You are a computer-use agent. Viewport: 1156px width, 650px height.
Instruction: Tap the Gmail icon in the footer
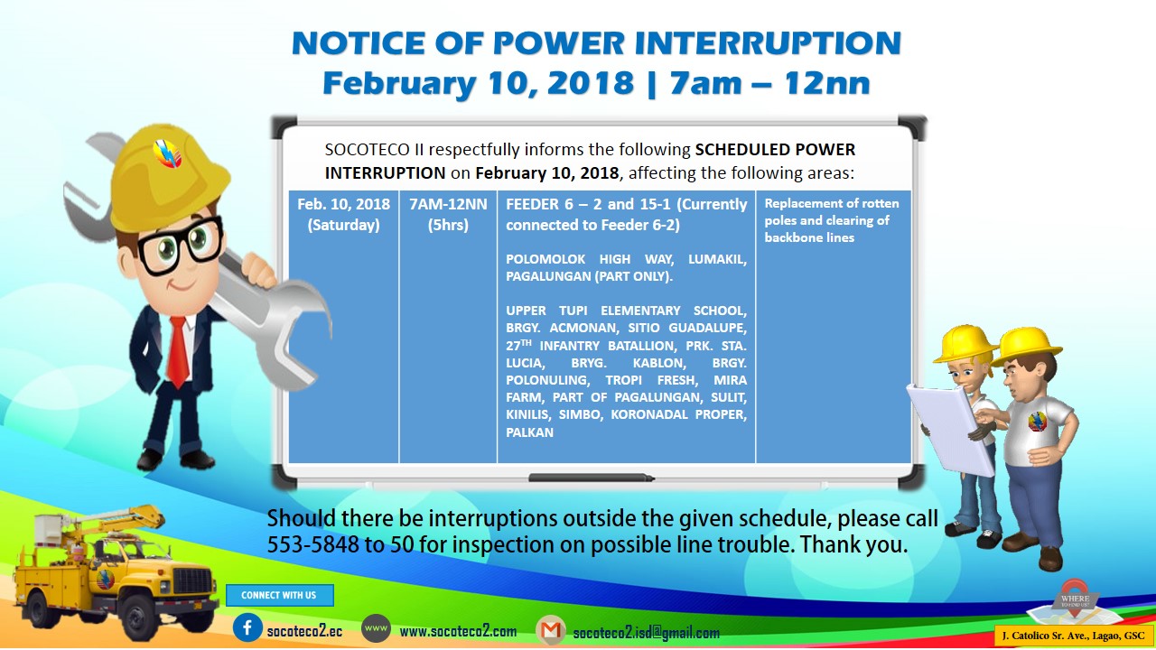coord(551,630)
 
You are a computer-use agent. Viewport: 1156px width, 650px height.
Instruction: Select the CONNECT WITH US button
coord(279,595)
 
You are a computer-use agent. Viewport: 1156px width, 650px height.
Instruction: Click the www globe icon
coord(376,629)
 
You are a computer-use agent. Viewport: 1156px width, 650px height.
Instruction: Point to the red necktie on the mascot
coord(178,352)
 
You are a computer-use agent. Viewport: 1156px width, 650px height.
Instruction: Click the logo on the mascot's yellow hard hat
coord(167,153)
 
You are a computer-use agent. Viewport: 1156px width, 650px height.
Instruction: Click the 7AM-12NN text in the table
coord(448,204)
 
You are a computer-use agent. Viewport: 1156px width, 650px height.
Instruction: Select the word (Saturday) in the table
coord(344,225)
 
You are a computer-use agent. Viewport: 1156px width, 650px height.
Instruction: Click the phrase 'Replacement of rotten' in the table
coord(832,203)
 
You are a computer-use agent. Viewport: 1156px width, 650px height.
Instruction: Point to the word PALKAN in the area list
coord(529,432)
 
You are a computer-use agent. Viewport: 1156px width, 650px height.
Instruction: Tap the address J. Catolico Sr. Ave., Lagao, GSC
coord(1073,636)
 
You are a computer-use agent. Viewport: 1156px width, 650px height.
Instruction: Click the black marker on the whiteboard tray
coord(592,478)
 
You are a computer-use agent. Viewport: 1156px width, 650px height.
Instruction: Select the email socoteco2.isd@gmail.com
coord(646,632)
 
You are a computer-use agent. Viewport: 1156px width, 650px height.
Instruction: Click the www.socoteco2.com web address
coord(458,631)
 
